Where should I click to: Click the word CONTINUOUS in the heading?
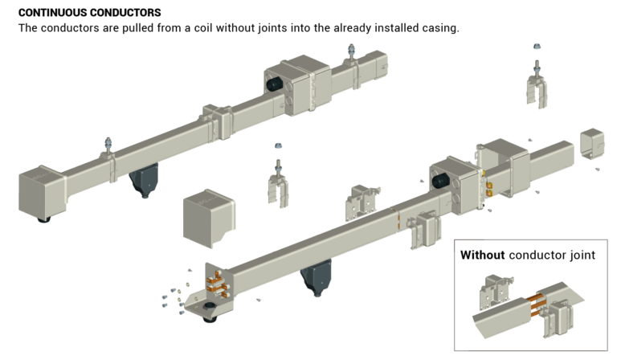click(x=49, y=13)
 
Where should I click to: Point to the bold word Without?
click(x=482, y=255)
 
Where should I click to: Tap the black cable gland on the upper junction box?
click(x=274, y=83)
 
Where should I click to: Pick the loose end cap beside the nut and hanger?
click(x=210, y=219)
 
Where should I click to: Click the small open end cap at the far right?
click(x=591, y=144)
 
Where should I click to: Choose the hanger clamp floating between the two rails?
click(x=280, y=186)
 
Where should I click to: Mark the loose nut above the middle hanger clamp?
click(x=278, y=147)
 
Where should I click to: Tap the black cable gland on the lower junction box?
click(x=439, y=182)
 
